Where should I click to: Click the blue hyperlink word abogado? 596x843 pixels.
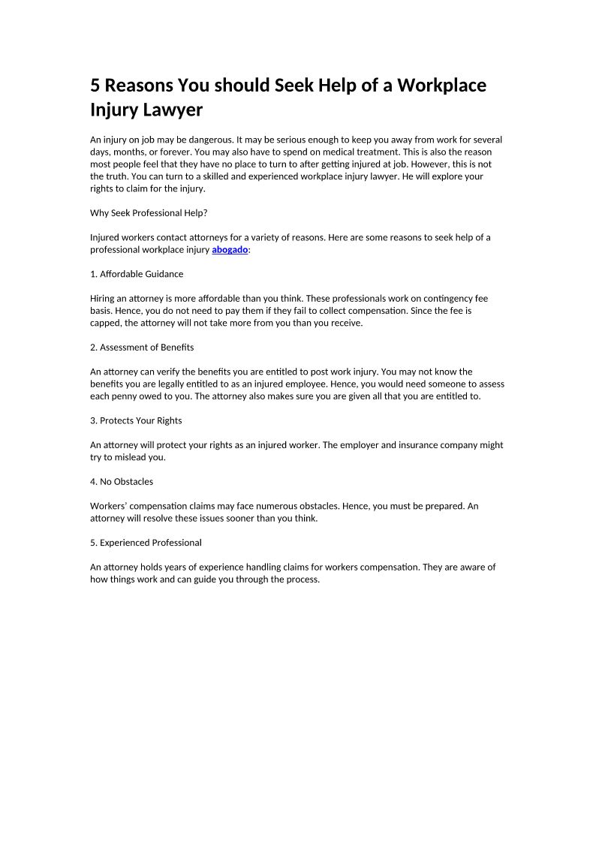(230, 249)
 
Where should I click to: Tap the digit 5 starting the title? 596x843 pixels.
(95, 86)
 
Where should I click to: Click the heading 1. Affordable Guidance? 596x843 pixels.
(137, 274)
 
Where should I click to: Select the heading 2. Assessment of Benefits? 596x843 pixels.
(142, 347)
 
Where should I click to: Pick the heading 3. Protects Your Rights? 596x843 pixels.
(136, 420)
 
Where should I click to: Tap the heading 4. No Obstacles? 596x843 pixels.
(122, 481)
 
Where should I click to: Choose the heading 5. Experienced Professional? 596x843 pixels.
(146, 542)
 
